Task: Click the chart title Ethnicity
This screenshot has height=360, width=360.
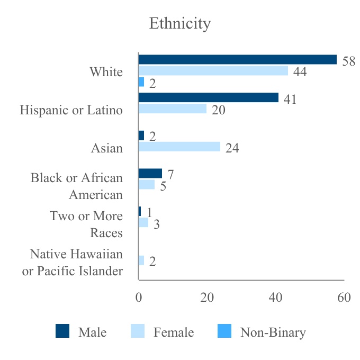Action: coord(180,24)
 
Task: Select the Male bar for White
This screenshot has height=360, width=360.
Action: coord(238,60)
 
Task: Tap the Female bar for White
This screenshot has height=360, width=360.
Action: coord(213,71)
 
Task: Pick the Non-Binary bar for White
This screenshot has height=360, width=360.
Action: coord(141,82)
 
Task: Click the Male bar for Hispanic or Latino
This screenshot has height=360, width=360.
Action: coord(209,97)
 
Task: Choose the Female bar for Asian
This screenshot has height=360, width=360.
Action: coord(179,147)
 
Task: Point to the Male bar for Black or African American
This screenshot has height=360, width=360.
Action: coord(150,173)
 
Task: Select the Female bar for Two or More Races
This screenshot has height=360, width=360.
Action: coord(143,222)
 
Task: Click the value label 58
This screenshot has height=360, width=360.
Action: coord(348,61)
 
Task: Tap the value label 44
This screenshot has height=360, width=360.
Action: coord(300,71)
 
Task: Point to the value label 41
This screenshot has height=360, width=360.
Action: coord(290,98)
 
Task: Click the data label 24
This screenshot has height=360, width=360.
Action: coord(232,148)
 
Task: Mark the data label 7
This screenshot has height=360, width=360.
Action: coord(170,174)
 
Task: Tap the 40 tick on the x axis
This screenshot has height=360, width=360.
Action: coord(275,298)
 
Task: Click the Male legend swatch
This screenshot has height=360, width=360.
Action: coord(62,332)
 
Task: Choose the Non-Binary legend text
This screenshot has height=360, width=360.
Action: coord(273,332)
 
